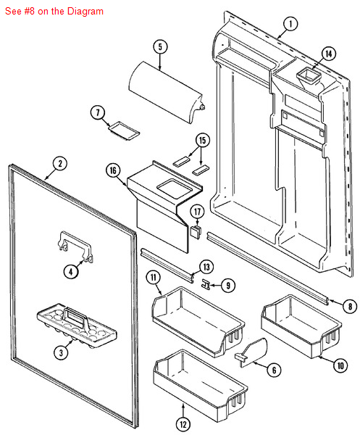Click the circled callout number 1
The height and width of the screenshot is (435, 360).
pyautogui.click(x=290, y=24)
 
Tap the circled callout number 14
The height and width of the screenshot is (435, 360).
pyautogui.click(x=328, y=54)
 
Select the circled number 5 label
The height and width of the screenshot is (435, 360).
pyautogui.click(x=160, y=47)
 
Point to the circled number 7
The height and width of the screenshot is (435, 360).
pyautogui.click(x=98, y=112)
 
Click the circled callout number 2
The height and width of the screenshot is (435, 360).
pyautogui.click(x=60, y=164)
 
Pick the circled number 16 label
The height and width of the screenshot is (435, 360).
pyautogui.click(x=113, y=170)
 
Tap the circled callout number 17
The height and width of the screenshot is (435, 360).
pyautogui.click(x=197, y=212)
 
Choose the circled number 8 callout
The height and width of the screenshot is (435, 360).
pyautogui.click(x=350, y=306)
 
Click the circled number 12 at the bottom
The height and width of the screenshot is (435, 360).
pyautogui.click(x=183, y=424)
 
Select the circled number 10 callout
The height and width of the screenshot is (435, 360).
pyautogui.click(x=340, y=365)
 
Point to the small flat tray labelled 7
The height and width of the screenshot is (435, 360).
pyautogui.click(x=123, y=130)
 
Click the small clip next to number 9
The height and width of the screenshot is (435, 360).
pyautogui.click(x=206, y=284)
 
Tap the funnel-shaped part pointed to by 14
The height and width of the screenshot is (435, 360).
pyautogui.click(x=308, y=78)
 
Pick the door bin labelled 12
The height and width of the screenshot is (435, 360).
pyautogui.click(x=200, y=384)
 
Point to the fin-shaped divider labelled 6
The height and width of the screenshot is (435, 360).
pyautogui.click(x=251, y=352)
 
